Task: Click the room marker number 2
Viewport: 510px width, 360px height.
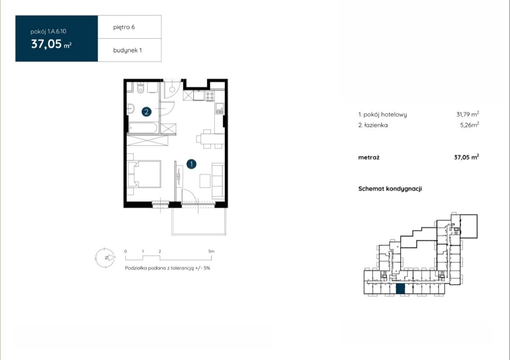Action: pos(146,112)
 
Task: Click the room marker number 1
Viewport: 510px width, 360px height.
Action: pos(191,164)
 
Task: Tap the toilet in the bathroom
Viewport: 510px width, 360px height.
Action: pos(141,88)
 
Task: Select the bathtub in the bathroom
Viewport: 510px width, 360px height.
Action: pos(143,128)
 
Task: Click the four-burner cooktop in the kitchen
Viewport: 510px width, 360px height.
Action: pos(210,96)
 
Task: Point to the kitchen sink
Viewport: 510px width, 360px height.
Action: pos(220,109)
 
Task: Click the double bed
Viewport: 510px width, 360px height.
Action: pos(144,174)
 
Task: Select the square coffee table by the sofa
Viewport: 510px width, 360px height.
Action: pos(205,181)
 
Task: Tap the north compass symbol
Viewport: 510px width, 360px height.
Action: pos(105,258)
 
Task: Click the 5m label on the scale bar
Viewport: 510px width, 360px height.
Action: pos(211,251)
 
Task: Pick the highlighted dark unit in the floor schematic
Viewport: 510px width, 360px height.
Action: pos(400,289)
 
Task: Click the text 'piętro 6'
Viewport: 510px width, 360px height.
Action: pos(124,27)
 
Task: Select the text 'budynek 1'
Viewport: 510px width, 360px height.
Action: pos(127,50)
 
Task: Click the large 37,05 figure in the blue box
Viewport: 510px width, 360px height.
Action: pos(47,44)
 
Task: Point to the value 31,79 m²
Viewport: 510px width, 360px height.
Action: pos(468,114)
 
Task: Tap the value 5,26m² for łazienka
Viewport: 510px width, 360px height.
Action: pos(470,125)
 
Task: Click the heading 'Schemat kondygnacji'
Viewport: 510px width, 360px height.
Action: pos(390,189)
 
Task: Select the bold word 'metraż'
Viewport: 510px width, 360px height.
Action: pos(369,157)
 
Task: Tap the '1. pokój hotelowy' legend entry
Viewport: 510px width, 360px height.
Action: pos(382,114)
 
